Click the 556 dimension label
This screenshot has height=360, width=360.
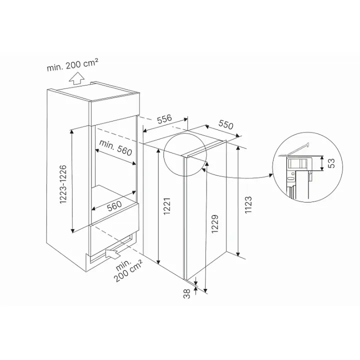coord(164,119)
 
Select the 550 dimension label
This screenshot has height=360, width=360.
coord(225,124)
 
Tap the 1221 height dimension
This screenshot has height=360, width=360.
coord(167,206)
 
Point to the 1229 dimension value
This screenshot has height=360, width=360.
coord(214,224)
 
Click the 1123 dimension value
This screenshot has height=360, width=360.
coord(248,205)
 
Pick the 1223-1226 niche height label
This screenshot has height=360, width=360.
coord(63,184)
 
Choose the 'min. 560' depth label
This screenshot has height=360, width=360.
coord(115,148)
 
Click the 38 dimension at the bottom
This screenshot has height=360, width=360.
coord(187,293)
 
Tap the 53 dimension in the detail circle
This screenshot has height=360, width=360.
coord(331,163)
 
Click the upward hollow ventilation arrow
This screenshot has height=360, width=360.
coord(77,78)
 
